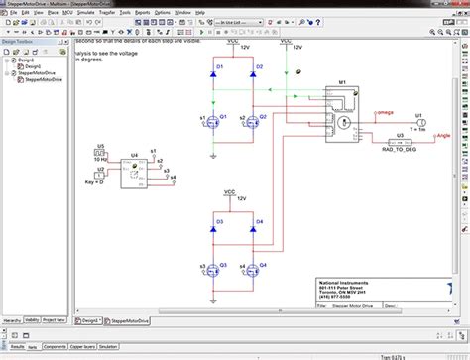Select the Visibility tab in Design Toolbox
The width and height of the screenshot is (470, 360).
pos(34,320)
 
